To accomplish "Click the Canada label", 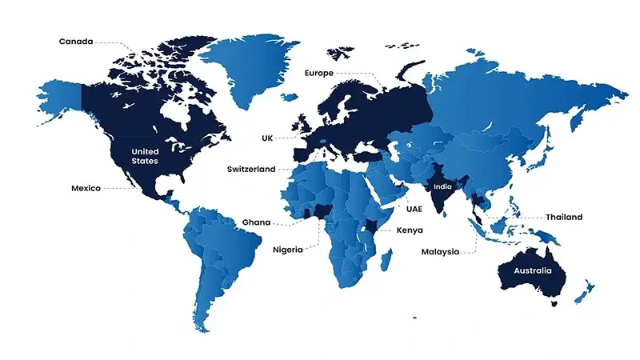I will point(76,41).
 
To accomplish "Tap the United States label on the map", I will point(146,156).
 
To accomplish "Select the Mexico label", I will point(86,189).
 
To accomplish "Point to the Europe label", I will point(318,73).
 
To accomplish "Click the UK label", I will point(267,138).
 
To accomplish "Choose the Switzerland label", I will point(250,170).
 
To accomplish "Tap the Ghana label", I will point(256,222).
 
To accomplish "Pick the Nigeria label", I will point(287,249).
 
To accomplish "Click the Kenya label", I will point(409,230).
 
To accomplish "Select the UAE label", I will point(414,209).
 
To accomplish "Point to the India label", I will point(442,186).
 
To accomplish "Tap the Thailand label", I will point(564,217).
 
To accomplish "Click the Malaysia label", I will point(441,252).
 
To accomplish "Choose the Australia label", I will point(533,271).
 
